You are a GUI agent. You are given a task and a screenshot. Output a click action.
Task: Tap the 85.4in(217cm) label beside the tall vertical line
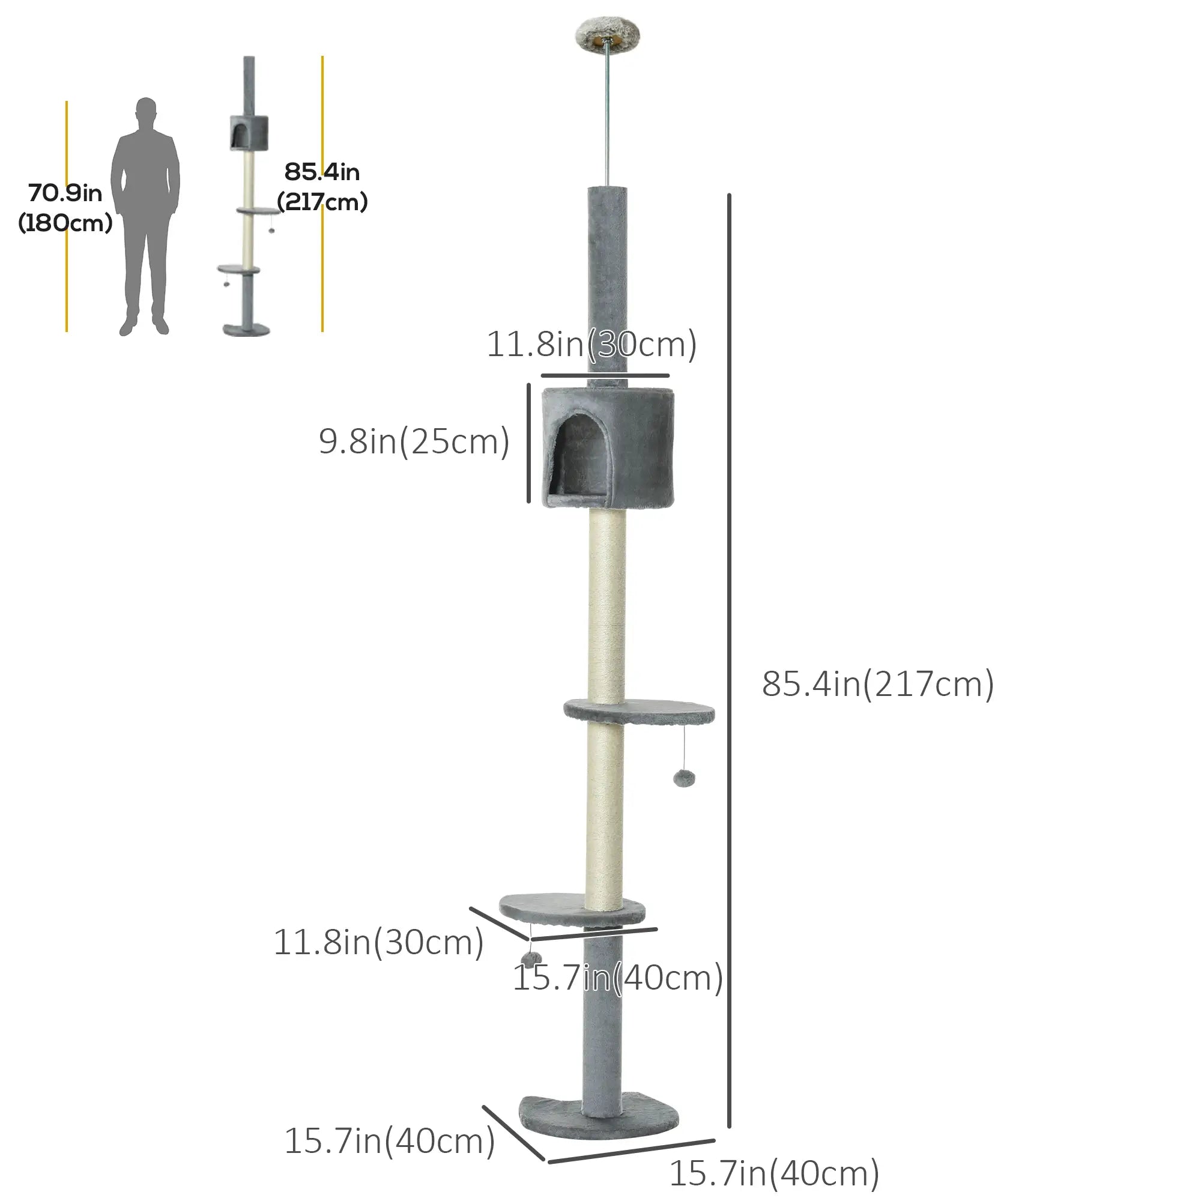tap(877, 685)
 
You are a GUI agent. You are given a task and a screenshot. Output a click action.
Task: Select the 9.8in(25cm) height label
tap(414, 442)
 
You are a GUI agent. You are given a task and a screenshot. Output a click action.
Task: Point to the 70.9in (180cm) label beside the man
tap(65, 208)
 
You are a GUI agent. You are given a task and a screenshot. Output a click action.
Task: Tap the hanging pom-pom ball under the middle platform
tap(684, 778)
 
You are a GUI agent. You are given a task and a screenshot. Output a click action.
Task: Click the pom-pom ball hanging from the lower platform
tap(530, 958)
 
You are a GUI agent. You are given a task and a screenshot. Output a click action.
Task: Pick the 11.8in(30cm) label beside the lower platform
tap(378, 942)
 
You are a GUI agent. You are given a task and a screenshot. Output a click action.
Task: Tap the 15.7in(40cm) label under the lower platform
tap(617, 977)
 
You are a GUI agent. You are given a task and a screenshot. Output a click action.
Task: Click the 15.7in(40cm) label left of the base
tap(389, 1141)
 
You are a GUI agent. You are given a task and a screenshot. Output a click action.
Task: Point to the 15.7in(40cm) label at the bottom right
tap(773, 1173)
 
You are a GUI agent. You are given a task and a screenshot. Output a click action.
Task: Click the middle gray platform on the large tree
tap(639, 710)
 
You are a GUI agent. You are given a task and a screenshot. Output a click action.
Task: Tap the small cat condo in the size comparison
tap(249, 132)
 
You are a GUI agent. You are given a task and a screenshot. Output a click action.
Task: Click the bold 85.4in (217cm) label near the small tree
tap(322, 187)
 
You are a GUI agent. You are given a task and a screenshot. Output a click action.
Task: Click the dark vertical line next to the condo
tap(529, 443)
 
